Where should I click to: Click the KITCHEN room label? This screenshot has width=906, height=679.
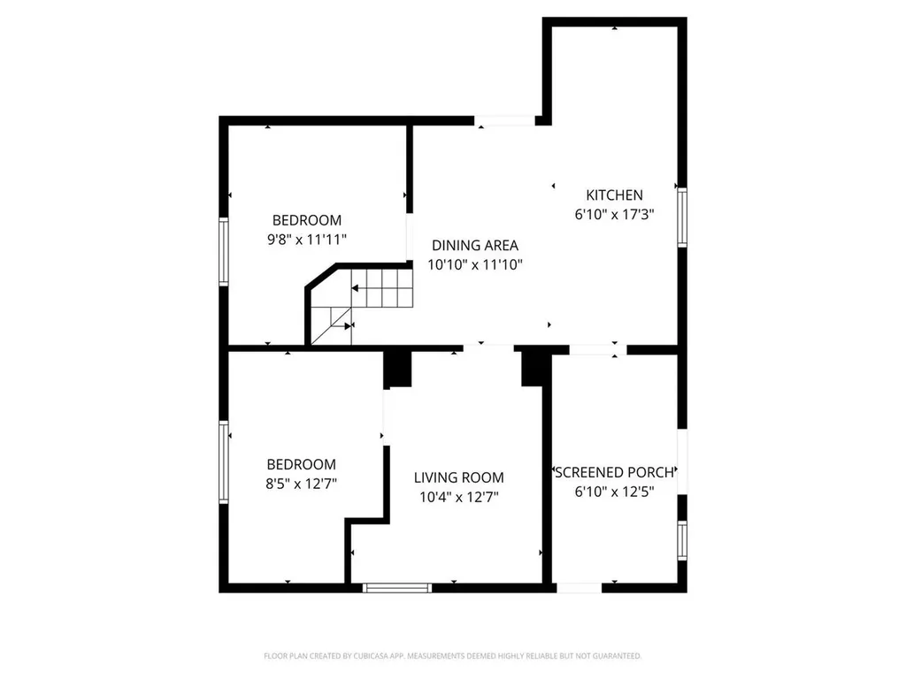(x=614, y=195)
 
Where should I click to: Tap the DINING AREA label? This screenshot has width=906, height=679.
(x=474, y=246)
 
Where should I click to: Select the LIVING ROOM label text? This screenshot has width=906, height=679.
(x=458, y=478)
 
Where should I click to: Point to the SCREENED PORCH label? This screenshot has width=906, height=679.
(x=614, y=472)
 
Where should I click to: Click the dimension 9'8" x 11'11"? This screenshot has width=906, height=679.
(x=306, y=240)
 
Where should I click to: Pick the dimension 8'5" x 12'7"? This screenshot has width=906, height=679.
(x=302, y=484)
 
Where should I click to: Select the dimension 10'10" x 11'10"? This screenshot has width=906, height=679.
(x=474, y=264)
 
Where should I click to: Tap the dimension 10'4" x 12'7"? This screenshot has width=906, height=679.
(x=458, y=497)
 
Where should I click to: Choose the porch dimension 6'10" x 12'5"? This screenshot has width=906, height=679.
(x=614, y=491)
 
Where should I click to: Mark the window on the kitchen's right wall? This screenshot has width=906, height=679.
(x=681, y=215)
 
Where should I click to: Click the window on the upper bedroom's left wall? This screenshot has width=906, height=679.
(x=224, y=251)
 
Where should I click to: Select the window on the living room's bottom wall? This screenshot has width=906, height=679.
(x=397, y=586)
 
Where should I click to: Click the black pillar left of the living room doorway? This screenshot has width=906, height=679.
(x=398, y=369)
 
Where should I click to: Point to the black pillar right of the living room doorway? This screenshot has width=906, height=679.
(x=533, y=367)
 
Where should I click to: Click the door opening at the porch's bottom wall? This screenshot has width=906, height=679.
(x=579, y=587)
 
